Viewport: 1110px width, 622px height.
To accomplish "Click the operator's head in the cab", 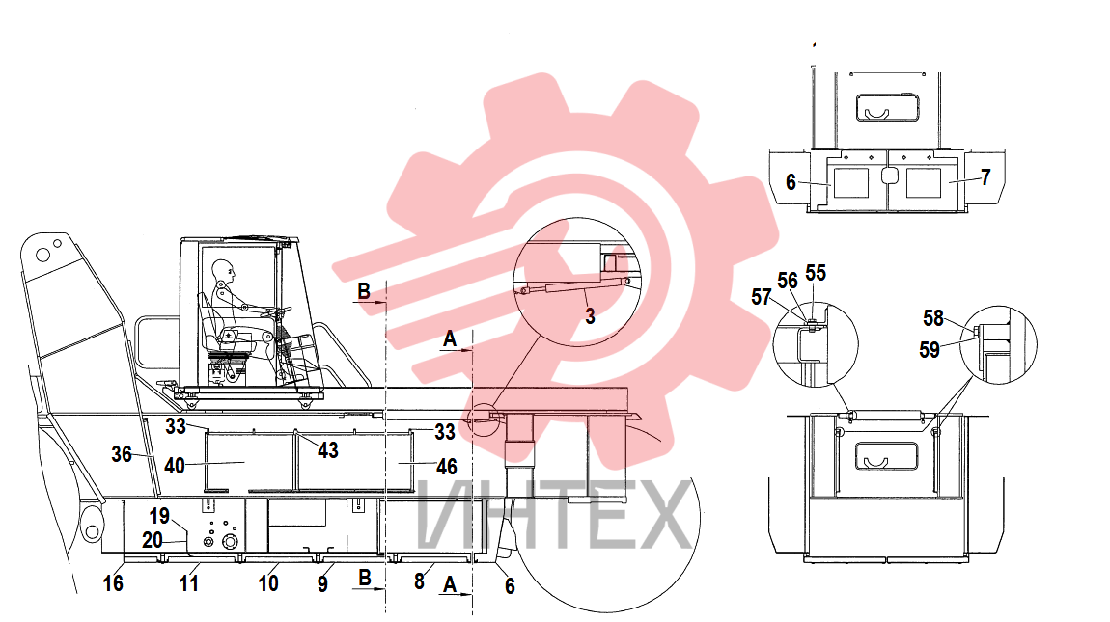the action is [223, 270].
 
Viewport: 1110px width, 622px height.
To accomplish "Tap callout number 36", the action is [122, 454].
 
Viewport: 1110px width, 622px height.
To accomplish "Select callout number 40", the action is [174, 466].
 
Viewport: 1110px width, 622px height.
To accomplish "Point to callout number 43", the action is [328, 450].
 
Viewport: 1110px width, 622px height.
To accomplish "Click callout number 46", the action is [447, 467].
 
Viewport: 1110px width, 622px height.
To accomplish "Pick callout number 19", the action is [159, 516].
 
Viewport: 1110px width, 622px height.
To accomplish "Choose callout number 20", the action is [153, 540].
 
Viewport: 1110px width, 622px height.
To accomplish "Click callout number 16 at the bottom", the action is [113, 583].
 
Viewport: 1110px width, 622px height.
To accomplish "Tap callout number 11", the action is [188, 583].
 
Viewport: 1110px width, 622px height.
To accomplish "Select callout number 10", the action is [268, 583].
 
